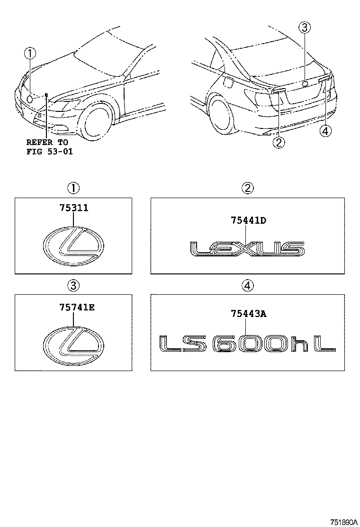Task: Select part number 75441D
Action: click(x=248, y=220)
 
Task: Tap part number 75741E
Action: click(x=77, y=307)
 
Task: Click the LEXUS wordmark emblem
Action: click(x=247, y=249)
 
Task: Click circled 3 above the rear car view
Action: click(x=305, y=27)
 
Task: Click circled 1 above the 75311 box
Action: click(x=73, y=189)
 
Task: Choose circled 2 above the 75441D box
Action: click(x=248, y=189)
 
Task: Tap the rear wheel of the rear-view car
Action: click(x=221, y=113)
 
